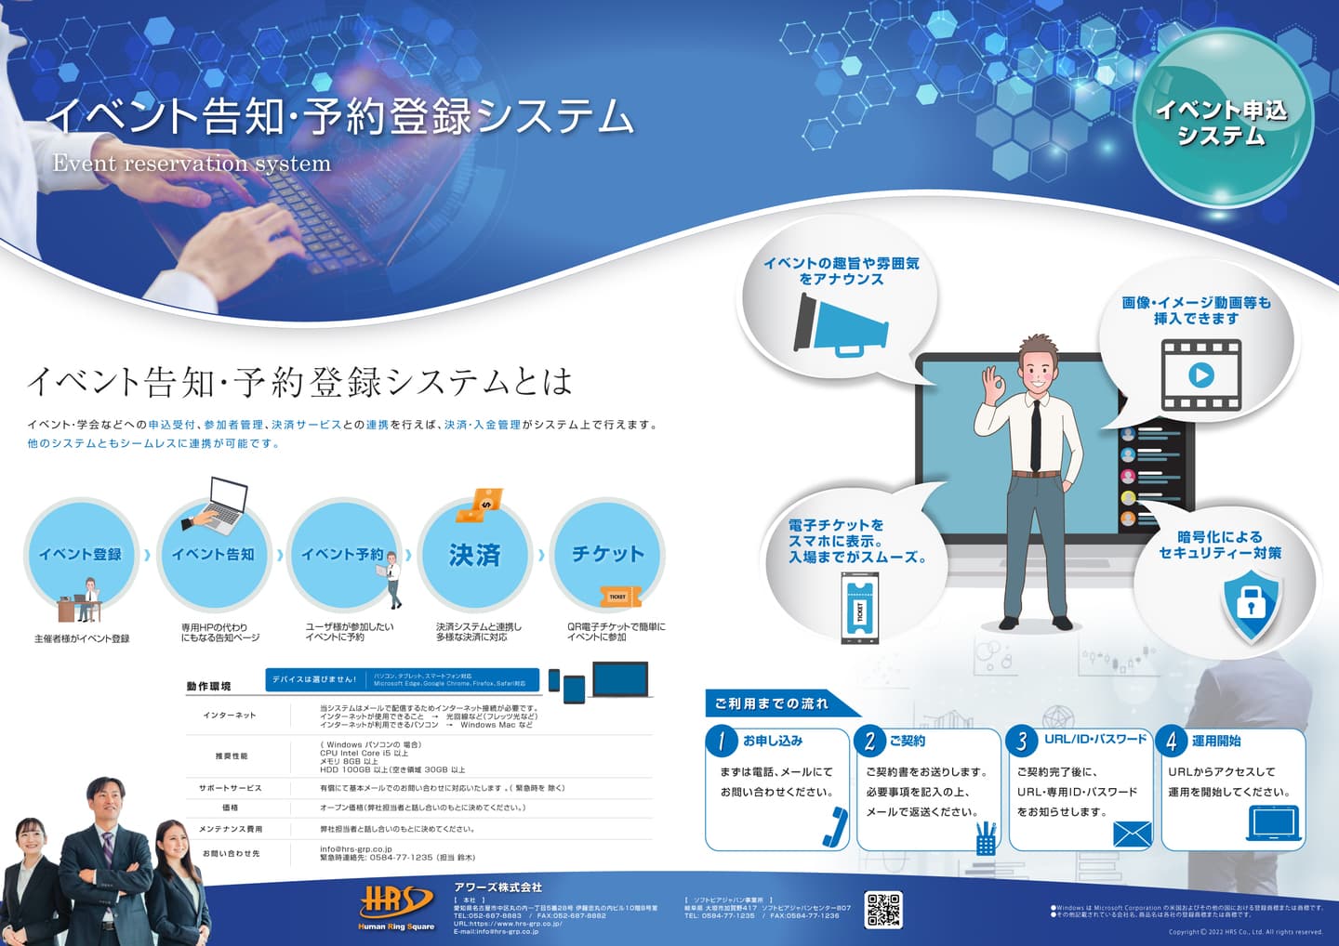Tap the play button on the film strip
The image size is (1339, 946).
[1200, 375]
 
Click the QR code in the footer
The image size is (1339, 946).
[883, 910]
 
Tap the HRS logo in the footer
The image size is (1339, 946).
[396, 903]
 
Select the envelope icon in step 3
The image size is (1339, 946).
[1132, 834]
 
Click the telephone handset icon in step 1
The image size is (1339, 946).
[835, 826]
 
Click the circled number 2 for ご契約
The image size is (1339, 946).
[870, 741]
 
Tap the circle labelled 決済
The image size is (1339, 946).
[475, 555]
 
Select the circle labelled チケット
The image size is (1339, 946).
[607, 555]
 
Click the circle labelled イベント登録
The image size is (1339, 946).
[80, 555]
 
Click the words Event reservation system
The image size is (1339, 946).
[192, 164]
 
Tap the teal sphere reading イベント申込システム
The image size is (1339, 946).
[1222, 121]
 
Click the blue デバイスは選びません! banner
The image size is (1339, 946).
[314, 679]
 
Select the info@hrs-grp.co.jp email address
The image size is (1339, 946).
[356, 848]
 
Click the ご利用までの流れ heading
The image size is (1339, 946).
[772, 703]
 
